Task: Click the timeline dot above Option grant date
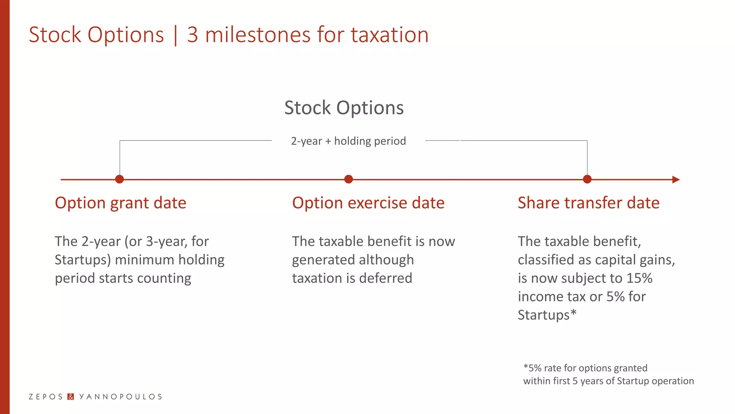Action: [x=120, y=179]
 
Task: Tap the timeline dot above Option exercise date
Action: [x=348, y=179]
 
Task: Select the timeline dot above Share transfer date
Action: [x=587, y=179]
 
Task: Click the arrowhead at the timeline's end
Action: [x=676, y=180]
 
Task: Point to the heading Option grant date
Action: [x=121, y=203]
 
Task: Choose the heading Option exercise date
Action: [x=368, y=203]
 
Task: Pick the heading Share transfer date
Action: [x=589, y=203]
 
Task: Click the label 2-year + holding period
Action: [x=348, y=141]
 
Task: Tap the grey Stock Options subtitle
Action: [x=344, y=108]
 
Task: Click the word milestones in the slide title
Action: [x=257, y=35]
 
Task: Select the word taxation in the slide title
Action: [x=389, y=35]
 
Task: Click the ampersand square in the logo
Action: [x=71, y=397]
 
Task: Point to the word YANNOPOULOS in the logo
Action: [x=120, y=397]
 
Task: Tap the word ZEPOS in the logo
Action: [x=46, y=397]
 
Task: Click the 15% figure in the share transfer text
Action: [x=639, y=278]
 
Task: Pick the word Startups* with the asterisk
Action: [x=547, y=315]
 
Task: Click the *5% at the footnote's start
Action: [x=532, y=368]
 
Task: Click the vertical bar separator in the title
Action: [x=175, y=35]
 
